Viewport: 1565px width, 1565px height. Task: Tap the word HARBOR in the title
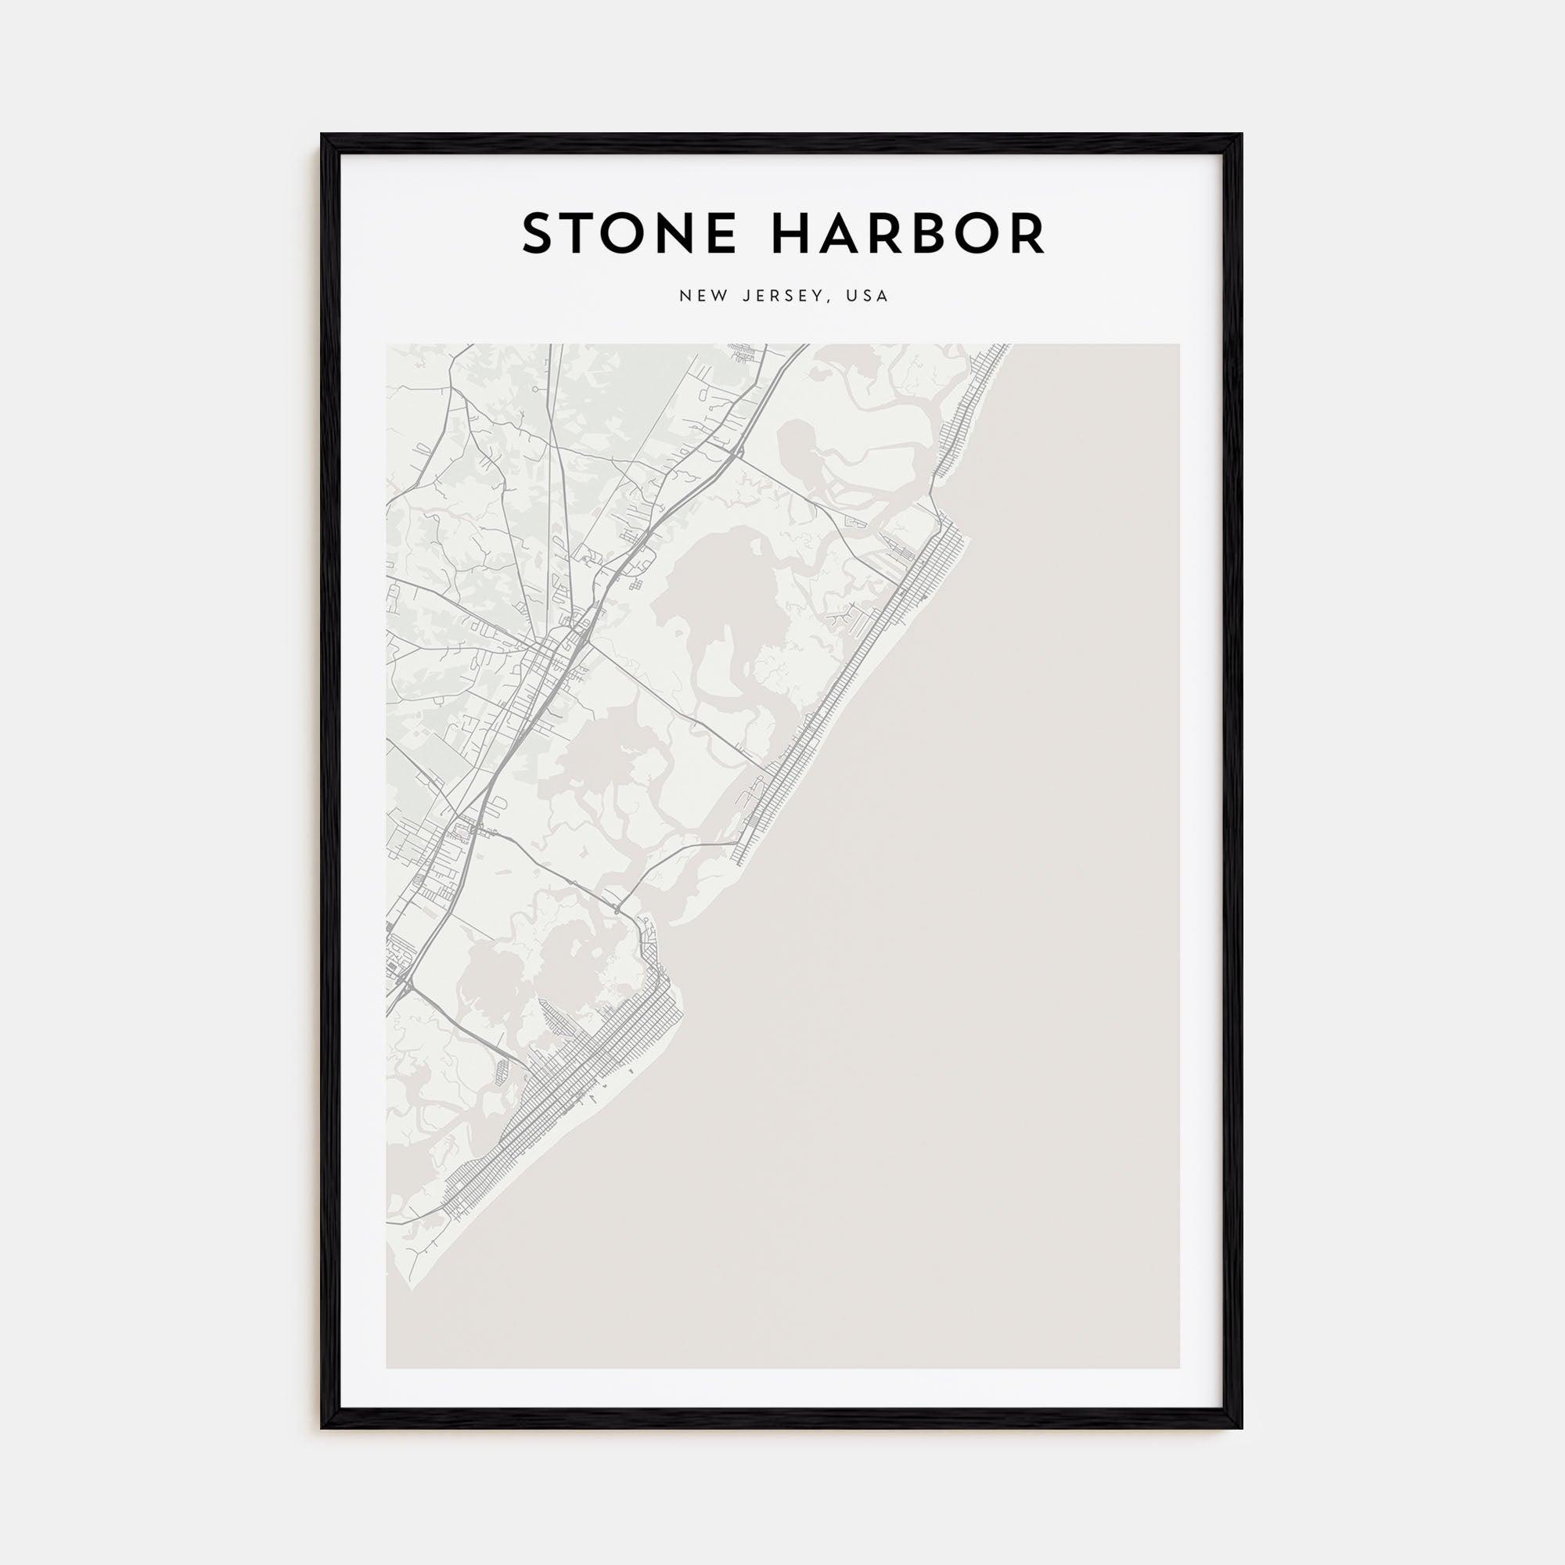[907, 235]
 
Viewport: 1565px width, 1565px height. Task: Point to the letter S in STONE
[539, 235]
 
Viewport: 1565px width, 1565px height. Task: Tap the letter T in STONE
[581, 235]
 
